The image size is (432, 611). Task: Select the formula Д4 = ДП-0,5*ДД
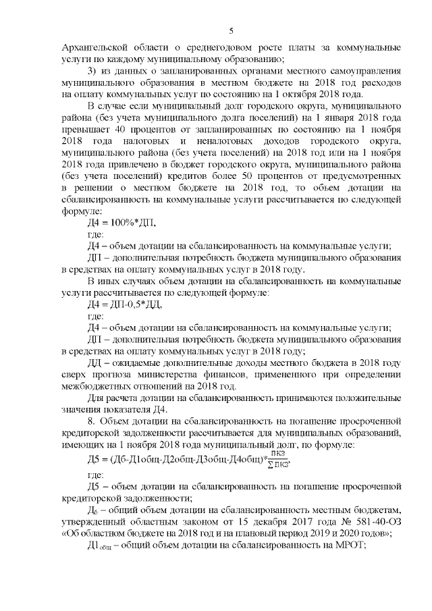tap(126, 304)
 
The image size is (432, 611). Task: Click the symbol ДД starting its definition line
tap(97, 363)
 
